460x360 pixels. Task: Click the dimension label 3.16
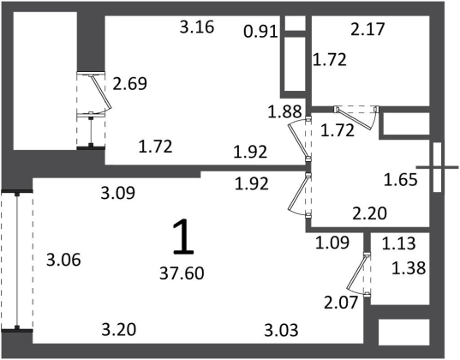click(x=197, y=27)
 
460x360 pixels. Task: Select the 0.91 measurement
click(x=260, y=32)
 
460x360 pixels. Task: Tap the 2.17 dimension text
click(x=367, y=30)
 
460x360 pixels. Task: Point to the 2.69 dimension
click(x=129, y=84)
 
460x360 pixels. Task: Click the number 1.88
click(x=285, y=111)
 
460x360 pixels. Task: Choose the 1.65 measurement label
click(x=400, y=180)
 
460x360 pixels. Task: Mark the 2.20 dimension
click(x=370, y=213)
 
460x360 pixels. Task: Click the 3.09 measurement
click(x=118, y=193)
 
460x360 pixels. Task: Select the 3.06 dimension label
click(x=63, y=261)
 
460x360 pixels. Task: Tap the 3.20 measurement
click(x=119, y=329)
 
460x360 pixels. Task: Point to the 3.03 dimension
click(x=281, y=330)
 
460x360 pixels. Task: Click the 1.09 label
click(x=332, y=243)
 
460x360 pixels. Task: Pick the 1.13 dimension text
click(x=399, y=243)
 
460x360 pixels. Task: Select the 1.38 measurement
click(x=409, y=268)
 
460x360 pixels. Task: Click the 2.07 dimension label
click(x=341, y=303)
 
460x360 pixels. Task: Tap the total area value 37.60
click(x=182, y=273)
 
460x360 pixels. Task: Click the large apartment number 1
click(x=183, y=237)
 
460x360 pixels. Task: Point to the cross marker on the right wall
click(x=437, y=167)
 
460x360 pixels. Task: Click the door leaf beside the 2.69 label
click(x=100, y=92)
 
